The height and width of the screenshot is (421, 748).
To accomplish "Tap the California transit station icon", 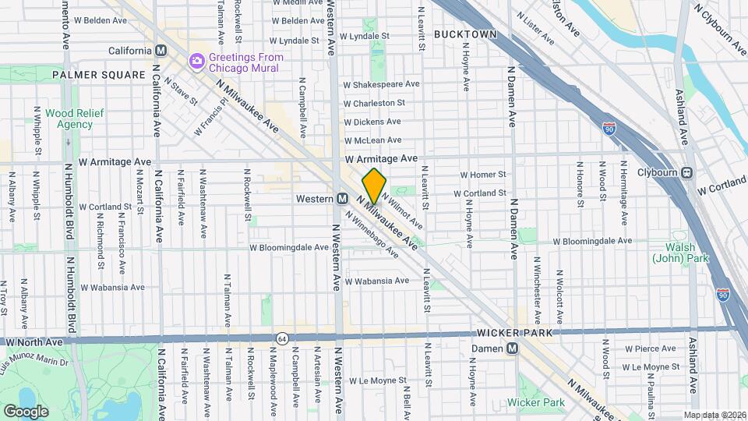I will tap(162, 51).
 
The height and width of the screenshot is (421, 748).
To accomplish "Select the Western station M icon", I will tap(342, 199).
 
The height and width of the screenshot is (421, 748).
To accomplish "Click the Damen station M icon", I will tap(513, 348).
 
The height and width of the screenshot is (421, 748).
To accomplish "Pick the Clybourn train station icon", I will tap(688, 173).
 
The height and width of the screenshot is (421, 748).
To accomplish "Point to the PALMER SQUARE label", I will tap(99, 75).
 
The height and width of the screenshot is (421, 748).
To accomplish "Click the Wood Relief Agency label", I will tap(69, 119).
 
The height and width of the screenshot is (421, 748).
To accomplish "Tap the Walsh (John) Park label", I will tap(680, 251).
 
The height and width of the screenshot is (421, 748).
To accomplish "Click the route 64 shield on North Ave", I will tap(281, 338).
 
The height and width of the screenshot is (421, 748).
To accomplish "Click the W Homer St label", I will tap(483, 175).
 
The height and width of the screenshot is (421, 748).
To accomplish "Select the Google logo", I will tap(26, 411).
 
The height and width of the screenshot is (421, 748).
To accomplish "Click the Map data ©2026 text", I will tap(714, 414).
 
